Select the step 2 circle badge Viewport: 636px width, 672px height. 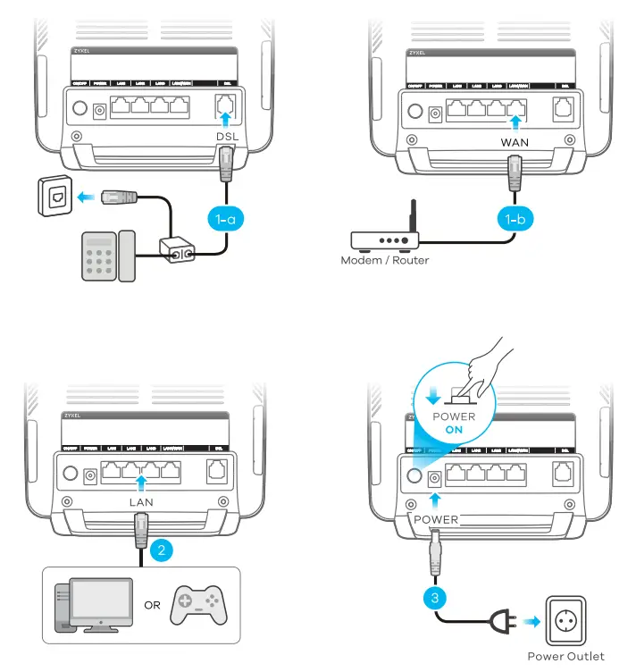[161, 550]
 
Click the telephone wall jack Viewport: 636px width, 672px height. [53, 197]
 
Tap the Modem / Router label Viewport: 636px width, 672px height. [385, 261]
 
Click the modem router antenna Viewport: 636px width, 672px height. [411, 219]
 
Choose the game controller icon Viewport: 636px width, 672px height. [200, 605]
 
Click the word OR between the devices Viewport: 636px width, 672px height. [152, 606]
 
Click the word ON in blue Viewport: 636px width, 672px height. [453, 430]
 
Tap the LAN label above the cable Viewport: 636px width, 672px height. [140, 502]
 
